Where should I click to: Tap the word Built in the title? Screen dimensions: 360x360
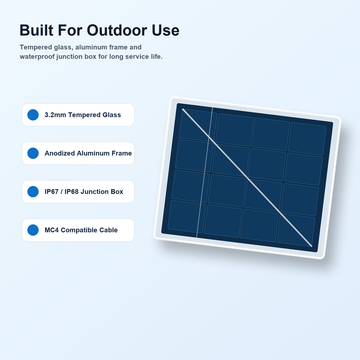[36, 30]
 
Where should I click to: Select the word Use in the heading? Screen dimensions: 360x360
[165, 30]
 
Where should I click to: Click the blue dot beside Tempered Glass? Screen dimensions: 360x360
[33, 115]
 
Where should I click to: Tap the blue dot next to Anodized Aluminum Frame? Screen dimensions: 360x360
[33, 153]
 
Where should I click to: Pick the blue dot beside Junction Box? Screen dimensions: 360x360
[33, 192]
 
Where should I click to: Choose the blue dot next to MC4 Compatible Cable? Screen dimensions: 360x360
[33, 230]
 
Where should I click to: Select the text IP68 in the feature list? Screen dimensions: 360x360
[71, 192]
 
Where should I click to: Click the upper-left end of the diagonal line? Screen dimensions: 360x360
[183, 109]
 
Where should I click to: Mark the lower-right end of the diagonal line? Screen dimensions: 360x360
[312, 246]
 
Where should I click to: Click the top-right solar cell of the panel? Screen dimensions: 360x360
[307, 139]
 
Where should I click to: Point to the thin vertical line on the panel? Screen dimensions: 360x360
[205, 172]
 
